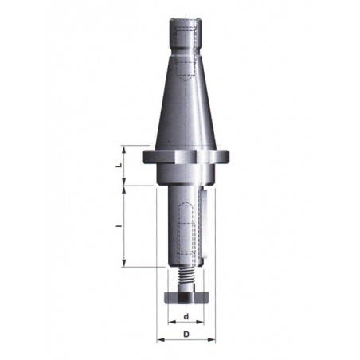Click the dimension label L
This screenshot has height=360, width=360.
click(x=119, y=165)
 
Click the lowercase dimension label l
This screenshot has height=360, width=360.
click(x=120, y=226)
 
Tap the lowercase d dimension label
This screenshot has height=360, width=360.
click(x=186, y=316)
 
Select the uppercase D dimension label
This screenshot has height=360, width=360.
click(x=186, y=334)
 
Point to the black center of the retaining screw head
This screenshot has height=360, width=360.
click(x=185, y=297)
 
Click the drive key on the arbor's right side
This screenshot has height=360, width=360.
click(x=204, y=223)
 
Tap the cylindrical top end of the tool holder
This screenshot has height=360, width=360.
click(x=186, y=33)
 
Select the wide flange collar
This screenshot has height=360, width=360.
click(x=186, y=158)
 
